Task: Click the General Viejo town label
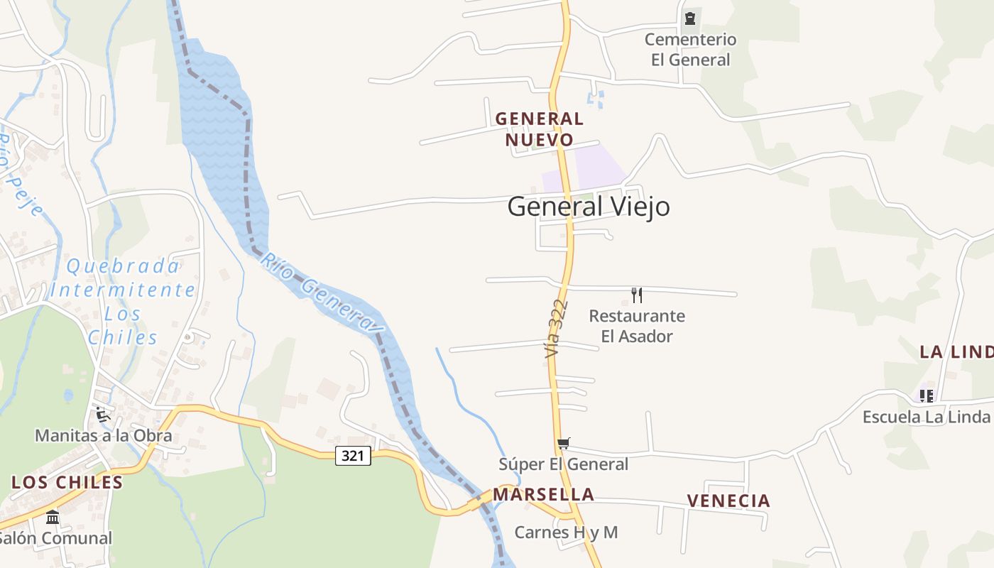click(x=589, y=207)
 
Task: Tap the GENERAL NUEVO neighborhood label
click(x=540, y=129)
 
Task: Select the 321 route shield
click(x=353, y=456)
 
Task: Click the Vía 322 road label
click(x=556, y=328)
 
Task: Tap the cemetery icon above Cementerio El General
click(x=689, y=18)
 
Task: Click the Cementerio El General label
click(x=690, y=50)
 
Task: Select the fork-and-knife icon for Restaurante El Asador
click(x=637, y=295)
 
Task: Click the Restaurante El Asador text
click(x=637, y=326)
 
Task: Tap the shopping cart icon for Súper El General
click(x=564, y=444)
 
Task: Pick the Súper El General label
click(x=563, y=464)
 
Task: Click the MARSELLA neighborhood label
click(x=543, y=494)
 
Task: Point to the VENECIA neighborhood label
click(x=728, y=501)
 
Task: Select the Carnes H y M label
click(x=566, y=532)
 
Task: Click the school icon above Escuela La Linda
click(x=927, y=395)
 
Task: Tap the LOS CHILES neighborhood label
click(x=67, y=483)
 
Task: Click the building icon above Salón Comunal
click(x=53, y=518)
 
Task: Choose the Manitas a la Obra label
click(x=104, y=435)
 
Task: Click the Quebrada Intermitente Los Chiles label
click(x=123, y=301)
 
